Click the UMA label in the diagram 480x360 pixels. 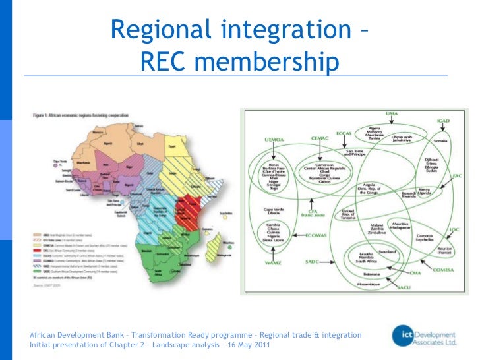pyautogui.click(x=392, y=114)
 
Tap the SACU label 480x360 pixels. pyautogui.click(x=403, y=287)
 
